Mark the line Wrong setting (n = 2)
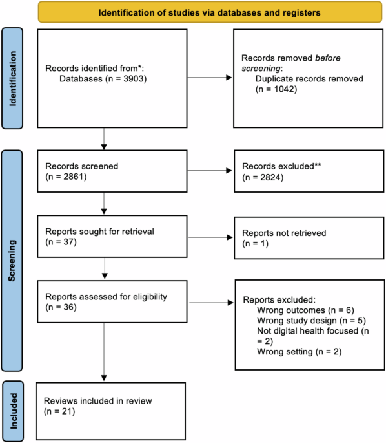point(298,352)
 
